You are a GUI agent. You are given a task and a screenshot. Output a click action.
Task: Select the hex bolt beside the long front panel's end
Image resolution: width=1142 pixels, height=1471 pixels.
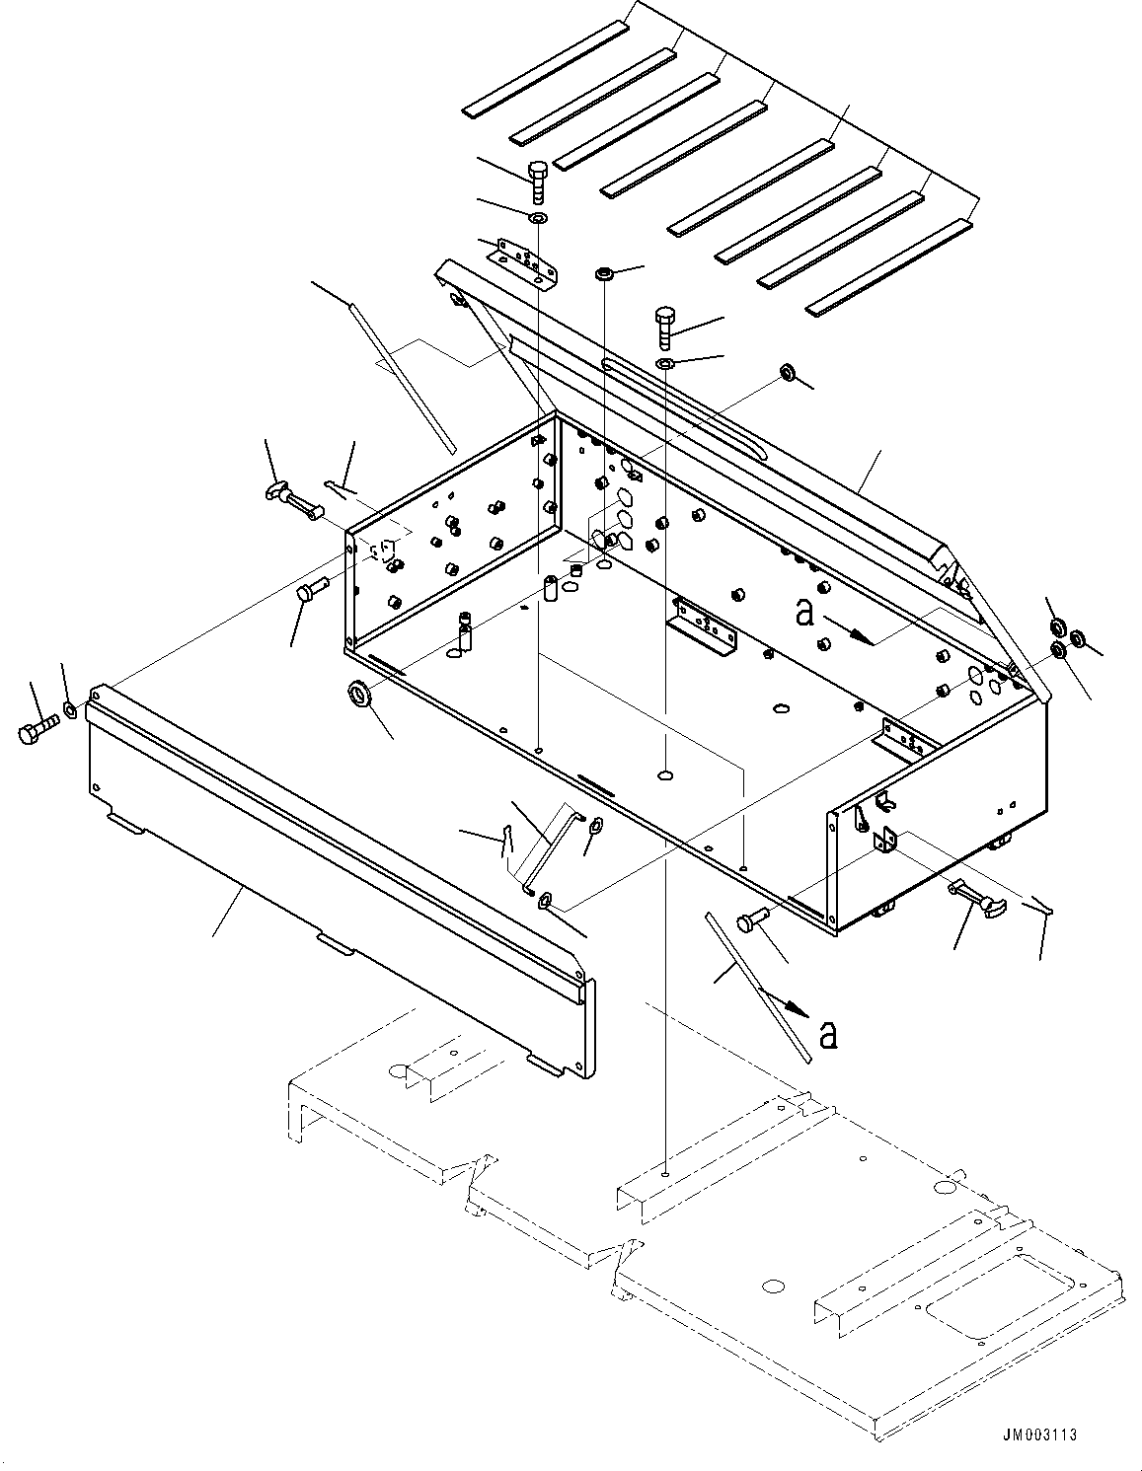[x=37, y=732]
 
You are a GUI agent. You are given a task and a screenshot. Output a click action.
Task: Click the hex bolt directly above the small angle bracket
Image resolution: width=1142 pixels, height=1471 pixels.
[x=539, y=181]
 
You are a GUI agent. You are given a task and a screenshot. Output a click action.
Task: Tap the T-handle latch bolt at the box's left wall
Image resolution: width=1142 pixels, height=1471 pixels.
[x=293, y=497]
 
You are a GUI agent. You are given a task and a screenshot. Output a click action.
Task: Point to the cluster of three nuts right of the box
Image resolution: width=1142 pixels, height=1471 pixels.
[x=1065, y=638]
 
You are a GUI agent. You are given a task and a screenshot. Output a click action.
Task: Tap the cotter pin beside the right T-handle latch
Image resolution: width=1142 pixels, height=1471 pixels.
[x=1040, y=905]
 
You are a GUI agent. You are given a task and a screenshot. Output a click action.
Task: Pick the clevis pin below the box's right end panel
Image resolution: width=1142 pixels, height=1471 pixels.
[x=751, y=922]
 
